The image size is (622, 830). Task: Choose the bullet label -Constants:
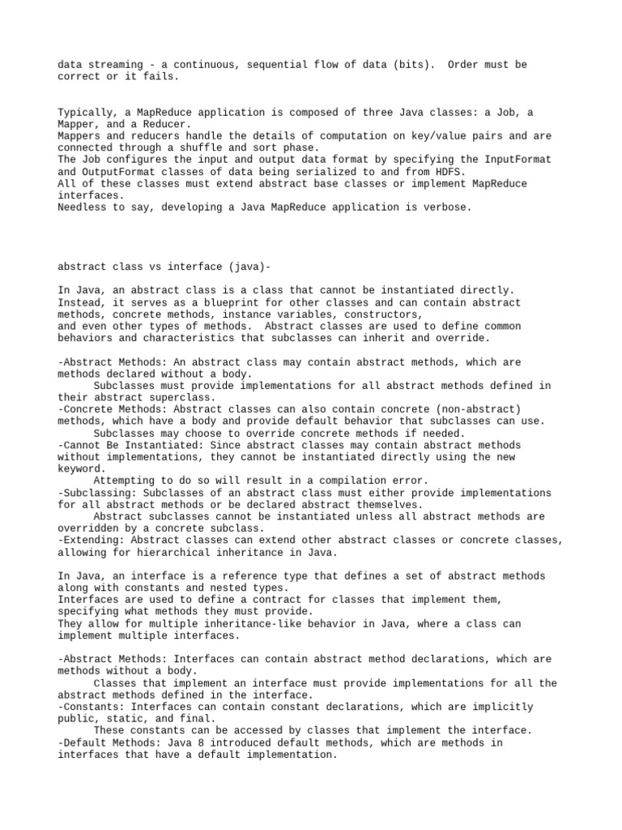coord(91,707)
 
